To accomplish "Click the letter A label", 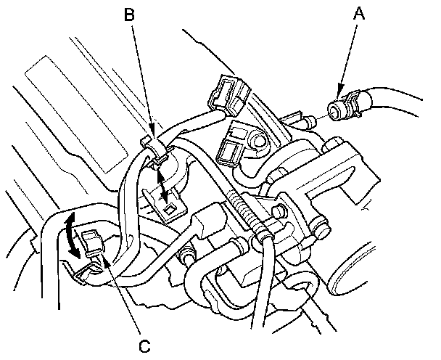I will click(x=356, y=13).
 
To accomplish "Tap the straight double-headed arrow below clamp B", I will click(x=164, y=186).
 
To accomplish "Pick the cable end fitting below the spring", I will click(x=266, y=232).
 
